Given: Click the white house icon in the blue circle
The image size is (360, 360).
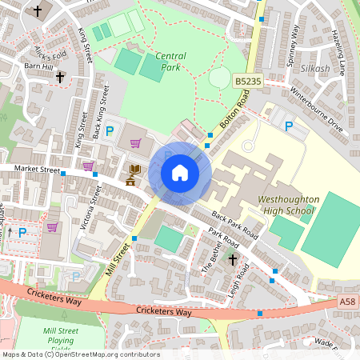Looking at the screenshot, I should [x=179, y=173].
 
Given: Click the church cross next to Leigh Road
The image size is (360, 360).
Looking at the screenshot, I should [x=234, y=260].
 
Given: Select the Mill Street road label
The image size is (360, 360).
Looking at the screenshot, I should [x=117, y=261].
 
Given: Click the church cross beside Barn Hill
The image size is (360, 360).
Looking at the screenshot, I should [x=59, y=79].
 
